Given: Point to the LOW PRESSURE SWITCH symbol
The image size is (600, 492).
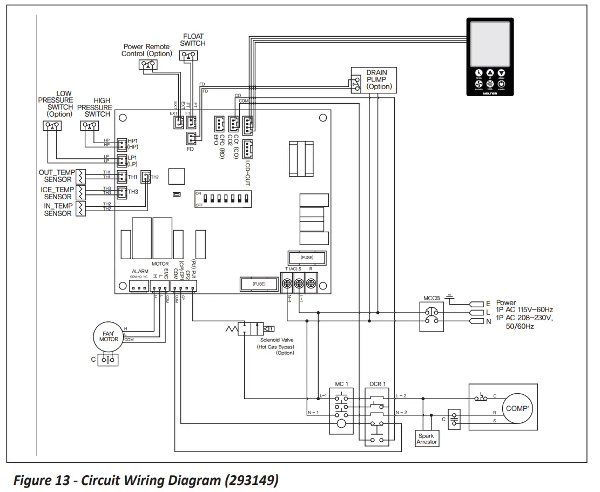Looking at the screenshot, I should pyautogui.click(x=52, y=126).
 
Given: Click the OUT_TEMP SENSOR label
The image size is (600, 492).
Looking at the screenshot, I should pyautogui.click(x=57, y=176).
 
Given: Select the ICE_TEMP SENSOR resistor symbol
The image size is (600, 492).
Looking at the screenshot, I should pyautogui.click(x=80, y=193).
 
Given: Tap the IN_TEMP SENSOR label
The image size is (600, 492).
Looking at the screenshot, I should pyautogui.click(x=57, y=210).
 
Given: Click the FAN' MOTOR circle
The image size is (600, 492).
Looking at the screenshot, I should pyautogui.click(x=109, y=336).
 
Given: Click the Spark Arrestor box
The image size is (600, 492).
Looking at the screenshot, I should pyautogui.click(x=427, y=439).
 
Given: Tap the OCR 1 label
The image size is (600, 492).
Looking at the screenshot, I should pyautogui.click(x=377, y=384).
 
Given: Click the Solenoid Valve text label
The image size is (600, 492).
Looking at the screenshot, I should pyautogui.click(x=278, y=340).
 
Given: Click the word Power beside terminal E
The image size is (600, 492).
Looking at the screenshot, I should pyautogui.click(x=505, y=303).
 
